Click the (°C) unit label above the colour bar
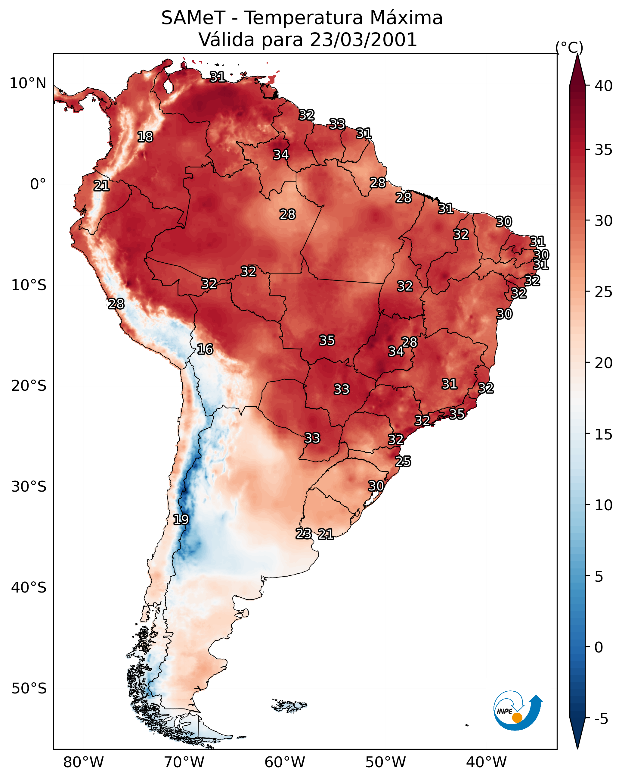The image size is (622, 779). pyautogui.click(x=569, y=47)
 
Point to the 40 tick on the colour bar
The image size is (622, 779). pyautogui.click(x=604, y=86)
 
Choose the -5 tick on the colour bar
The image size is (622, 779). pyautogui.click(x=601, y=719)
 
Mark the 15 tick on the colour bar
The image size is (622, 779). pyautogui.click(x=604, y=434)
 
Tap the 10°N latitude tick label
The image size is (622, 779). pyautogui.click(x=28, y=83)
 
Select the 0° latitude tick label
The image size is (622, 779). pyautogui.click(x=38, y=184)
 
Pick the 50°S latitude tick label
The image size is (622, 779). pyautogui.click(x=29, y=689)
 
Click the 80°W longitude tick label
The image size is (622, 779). pyautogui.click(x=83, y=762)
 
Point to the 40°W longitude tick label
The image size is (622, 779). pyautogui.click(x=486, y=762)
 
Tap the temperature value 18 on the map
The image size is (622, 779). pyautogui.click(x=145, y=137)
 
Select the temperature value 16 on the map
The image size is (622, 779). pyautogui.click(x=205, y=349)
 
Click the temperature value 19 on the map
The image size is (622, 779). pyautogui.click(x=181, y=520)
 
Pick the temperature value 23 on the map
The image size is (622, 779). pyautogui.click(x=304, y=534)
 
